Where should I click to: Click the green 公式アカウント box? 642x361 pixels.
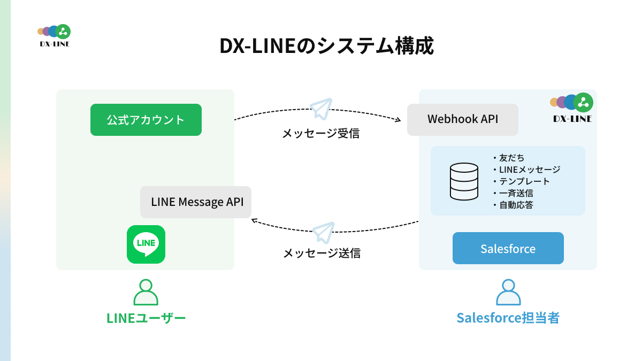point(146,120)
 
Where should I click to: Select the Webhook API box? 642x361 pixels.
point(463,119)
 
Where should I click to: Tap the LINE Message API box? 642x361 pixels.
point(196,202)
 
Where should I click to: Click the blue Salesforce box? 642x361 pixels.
point(508,248)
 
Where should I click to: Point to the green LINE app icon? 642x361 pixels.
point(146,244)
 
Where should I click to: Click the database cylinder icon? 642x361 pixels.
point(464,181)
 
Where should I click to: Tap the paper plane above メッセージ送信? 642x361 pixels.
point(323,233)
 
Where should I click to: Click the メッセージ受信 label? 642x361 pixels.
point(321,134)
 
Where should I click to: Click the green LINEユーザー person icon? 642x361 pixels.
point(146,293)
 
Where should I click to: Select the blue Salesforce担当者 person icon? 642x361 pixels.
point(508,293)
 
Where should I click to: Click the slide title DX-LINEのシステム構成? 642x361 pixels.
point(326,46)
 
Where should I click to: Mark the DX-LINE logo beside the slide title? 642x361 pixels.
point(55,35)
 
